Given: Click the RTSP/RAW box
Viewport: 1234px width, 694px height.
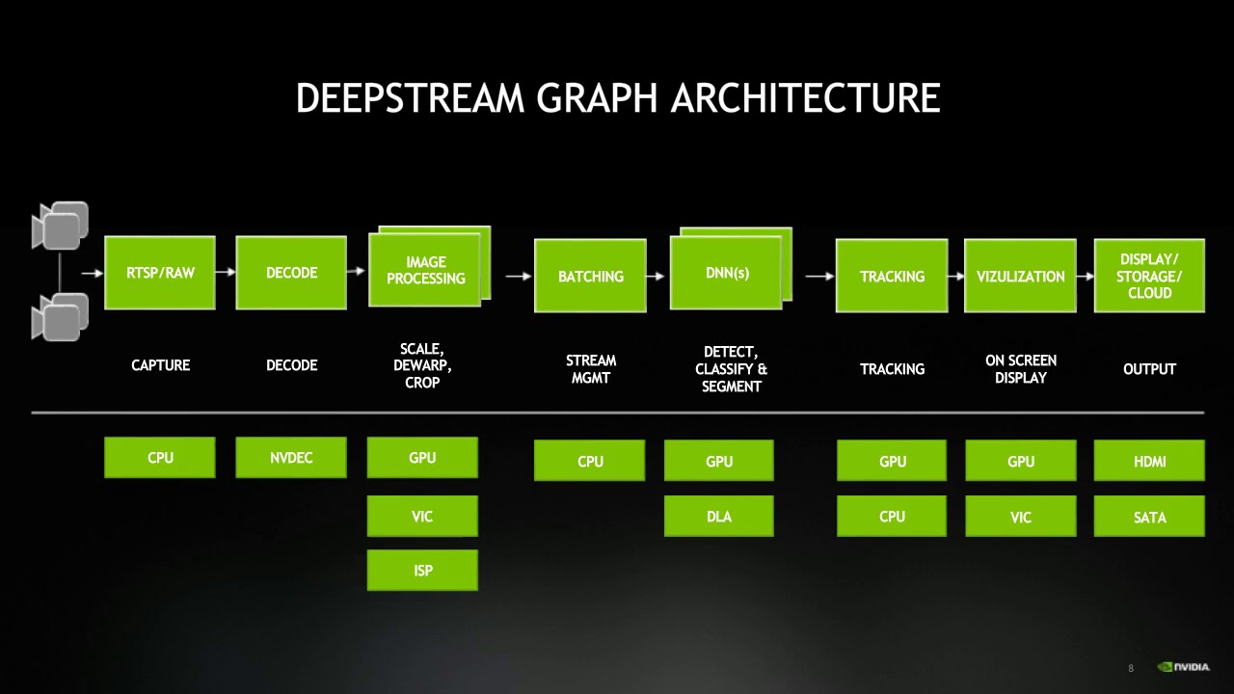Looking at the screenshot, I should (160, 273).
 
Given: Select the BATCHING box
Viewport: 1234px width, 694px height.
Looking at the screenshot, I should (590, 277).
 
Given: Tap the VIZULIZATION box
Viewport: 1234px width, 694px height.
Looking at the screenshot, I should (1020, 277).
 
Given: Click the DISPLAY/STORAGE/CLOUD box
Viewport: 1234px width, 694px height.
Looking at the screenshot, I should (1149, 277).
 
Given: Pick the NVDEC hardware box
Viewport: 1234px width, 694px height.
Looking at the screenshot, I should (291, 458).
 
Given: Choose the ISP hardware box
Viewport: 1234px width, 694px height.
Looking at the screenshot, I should (422, 571).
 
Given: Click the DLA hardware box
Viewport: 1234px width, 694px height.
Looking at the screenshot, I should (719, 517).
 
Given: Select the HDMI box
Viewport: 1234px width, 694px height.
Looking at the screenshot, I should (1149, 462).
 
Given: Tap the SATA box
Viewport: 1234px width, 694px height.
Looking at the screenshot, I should (1149, 518).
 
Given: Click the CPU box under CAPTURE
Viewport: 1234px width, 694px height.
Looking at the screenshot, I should (160, 458).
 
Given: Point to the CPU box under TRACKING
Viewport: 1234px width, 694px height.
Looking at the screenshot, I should (892, 517).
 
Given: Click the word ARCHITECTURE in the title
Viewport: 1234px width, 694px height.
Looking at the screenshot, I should (805, 98).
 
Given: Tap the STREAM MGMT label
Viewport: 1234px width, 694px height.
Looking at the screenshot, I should (590, 369).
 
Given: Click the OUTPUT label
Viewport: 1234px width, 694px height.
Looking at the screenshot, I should (1149, 369).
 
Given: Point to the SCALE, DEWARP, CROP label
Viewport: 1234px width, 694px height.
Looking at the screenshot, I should (422, 365).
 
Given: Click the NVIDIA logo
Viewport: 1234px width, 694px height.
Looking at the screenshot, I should (1184, 667).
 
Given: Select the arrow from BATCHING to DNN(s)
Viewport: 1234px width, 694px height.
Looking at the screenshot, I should (657, 277).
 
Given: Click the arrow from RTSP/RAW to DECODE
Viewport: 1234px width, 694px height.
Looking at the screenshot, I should (226, 273).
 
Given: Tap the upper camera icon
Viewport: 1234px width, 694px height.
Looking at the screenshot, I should (61, 226).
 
